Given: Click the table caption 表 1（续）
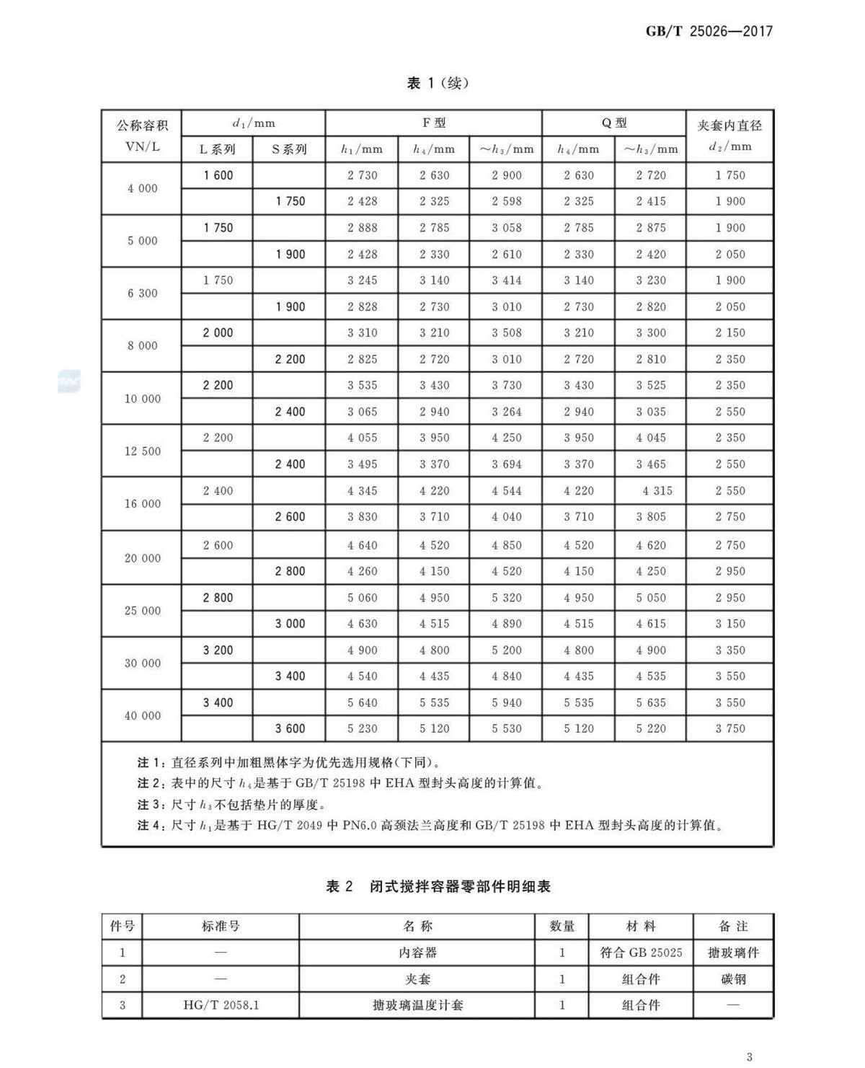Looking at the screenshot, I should pos(438,83).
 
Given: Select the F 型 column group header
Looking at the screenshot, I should pos(434,123).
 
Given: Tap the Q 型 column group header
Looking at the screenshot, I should pos(614,123).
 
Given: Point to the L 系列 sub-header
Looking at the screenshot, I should pos(217,149).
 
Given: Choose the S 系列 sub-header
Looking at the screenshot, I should pos(289,149).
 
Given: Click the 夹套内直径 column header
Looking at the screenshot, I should pos(729,125).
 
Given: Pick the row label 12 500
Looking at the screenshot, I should pos(142,451).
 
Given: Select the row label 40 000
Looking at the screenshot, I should pos(142,715).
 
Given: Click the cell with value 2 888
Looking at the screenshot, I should pos(362,228).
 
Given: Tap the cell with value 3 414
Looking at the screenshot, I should pos(506,281).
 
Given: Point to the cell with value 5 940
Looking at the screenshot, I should pos(506,702).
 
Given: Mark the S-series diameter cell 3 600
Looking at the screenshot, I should pos(290,728).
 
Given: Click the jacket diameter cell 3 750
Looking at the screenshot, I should pos(730,728).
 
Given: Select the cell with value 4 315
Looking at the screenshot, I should pos(657,491).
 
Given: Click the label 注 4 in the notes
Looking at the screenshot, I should pos(149,825).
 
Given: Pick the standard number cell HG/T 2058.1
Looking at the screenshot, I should pos(221,1005).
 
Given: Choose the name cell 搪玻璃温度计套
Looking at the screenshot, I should pos(417,1005).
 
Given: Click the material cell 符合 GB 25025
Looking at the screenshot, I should pos(641,953).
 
